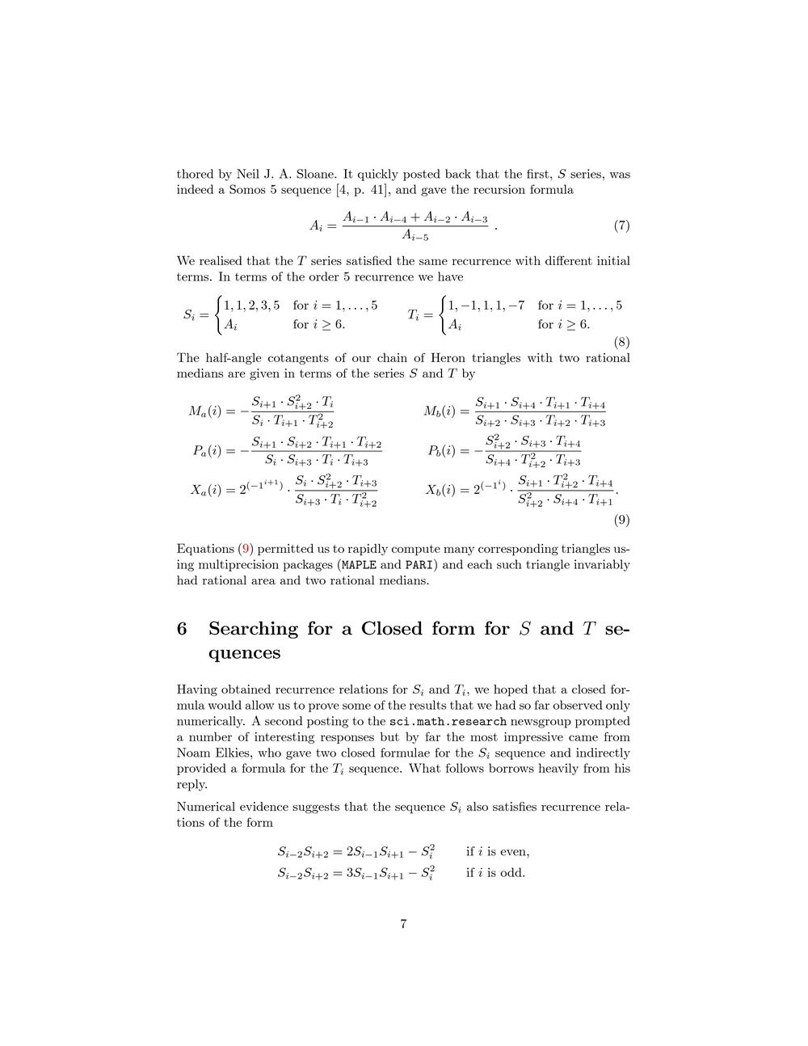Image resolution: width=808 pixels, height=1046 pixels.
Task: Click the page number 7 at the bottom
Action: tap(403, 925)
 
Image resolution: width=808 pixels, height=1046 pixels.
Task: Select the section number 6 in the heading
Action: tap(183, 629)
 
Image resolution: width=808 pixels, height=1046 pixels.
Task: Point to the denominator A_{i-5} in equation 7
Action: tap(415, 237)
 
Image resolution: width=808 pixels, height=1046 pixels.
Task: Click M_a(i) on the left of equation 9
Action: tap(208, 411)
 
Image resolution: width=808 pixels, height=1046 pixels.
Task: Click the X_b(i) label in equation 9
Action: tap(447, 491)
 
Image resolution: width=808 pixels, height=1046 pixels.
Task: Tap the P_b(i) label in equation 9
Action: tap(448, 451)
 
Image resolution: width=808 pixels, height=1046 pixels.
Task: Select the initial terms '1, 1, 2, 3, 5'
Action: tap(252, 306)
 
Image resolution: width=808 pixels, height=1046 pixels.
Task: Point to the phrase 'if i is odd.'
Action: tap(496, 872)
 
